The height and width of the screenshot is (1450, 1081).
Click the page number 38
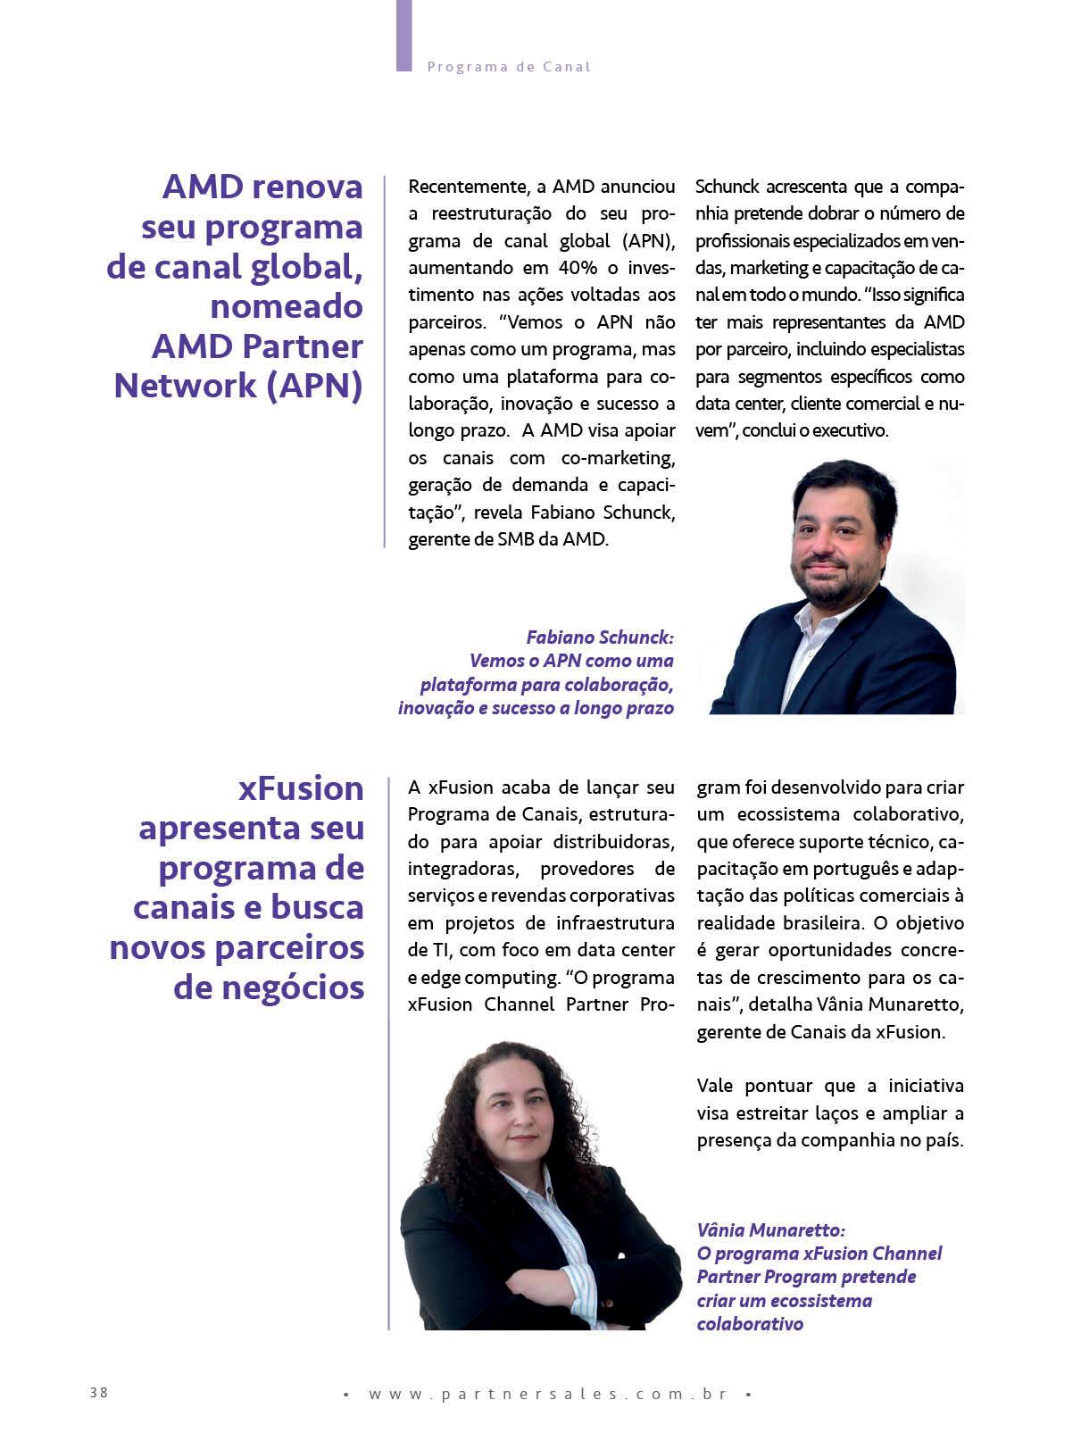pyautogui.click(x=98, y=1392)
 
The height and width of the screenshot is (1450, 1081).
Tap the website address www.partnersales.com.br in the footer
pyautogui.click(x=547, y=1394)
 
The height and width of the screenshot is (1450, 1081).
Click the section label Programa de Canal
pyautogui.click(x=509, y=67)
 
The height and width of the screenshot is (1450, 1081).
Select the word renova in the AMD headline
pyautogui.click(x=308, y=187)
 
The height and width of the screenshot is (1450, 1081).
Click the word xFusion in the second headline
pyautogui.click(x=301, y=788)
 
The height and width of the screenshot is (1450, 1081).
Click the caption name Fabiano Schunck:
pyautogui.click(x=599, y=637)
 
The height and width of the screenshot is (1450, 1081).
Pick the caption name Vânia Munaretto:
pyautogui.click(x=769, y=1229)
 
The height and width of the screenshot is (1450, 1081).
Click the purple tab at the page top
pyautogui.click(x=403, y=36)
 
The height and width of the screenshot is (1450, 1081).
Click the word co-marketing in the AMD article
pyautogui.click(x=618, y=458)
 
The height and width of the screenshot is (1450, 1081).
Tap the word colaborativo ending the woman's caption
pyautogui.click(x=750, y=1324)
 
